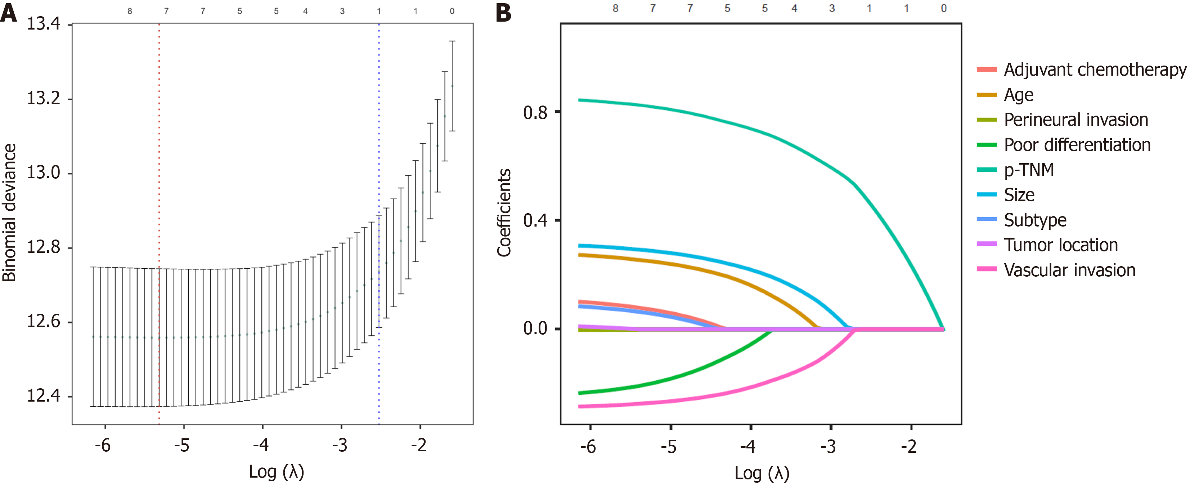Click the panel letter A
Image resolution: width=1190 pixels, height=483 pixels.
(9, 13)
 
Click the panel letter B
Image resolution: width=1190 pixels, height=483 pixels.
(503, 13)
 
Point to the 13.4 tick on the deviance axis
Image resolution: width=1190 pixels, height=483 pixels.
(44, 23)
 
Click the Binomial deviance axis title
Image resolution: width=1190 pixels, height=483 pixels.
(9, 213)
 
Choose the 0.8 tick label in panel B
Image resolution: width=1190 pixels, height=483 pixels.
(535, 112)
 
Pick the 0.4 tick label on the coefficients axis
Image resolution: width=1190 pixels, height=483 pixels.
(535, 220)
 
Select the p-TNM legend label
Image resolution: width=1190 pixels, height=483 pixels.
(1029, 170)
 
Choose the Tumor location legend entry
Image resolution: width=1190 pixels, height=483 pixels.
(1061, 245)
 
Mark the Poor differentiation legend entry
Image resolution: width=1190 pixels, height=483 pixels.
(1077, 145)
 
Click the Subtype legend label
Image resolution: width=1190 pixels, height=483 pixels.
(1035, 220)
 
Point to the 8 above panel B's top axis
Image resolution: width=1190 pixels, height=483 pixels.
(615, 8)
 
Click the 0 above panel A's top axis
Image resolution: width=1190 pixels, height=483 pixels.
(452, 11)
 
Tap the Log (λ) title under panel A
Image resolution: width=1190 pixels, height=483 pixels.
(276, 472)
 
